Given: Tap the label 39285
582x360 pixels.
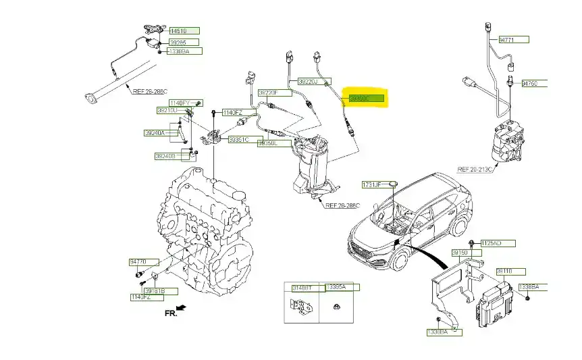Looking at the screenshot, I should pyautogui.click(x=180, y=42).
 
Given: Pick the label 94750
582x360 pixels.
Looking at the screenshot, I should pyautogui.click(x=531, y=84).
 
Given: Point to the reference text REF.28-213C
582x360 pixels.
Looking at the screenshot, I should pyautogui.click(x=478, y=170).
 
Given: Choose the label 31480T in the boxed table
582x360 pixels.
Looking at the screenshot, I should pyautogui.click(x=302, y=287).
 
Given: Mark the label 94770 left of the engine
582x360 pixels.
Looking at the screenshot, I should pyautogui.click(x=138, y=261).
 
